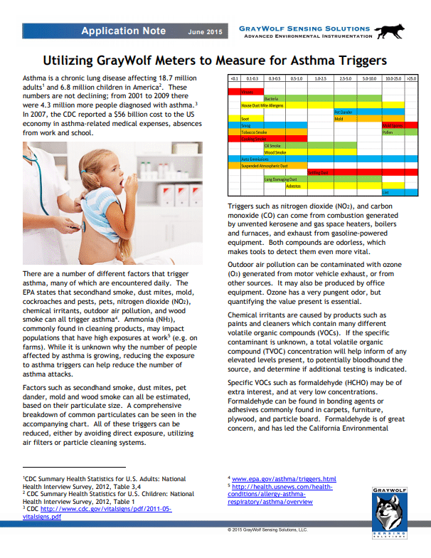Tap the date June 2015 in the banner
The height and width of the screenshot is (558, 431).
point(205,32)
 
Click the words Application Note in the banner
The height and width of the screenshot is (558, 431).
point(123,31)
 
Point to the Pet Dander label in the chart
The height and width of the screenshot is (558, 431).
point(344,112)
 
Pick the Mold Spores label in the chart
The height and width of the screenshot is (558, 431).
point(393,125)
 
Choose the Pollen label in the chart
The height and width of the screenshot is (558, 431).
point(388,132)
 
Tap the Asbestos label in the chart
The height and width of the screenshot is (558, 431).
point(292,186)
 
